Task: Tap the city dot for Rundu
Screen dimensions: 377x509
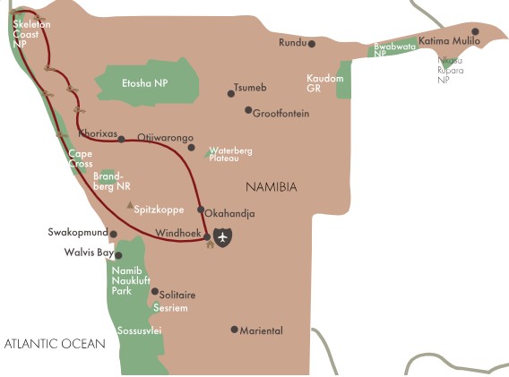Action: [312, 43]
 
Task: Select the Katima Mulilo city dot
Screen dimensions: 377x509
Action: [475, 32]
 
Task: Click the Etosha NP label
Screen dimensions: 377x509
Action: [145, 83]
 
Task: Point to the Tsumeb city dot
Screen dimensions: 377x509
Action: [231, 93]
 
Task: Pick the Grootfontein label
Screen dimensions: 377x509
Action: [281, 114]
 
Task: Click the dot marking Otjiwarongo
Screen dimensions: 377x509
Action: [191, 148]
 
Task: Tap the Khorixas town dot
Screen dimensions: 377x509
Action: [121, 139]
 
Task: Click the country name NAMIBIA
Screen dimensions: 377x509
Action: [271, 187]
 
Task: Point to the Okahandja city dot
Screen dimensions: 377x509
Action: [201, 210]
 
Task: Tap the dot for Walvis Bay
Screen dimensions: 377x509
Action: [117, 254]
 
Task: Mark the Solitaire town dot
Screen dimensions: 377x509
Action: [154, 291]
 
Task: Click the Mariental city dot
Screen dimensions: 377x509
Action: [235, 330]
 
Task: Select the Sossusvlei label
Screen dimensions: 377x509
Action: [139, 330]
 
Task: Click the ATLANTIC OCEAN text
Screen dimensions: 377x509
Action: [55, 344]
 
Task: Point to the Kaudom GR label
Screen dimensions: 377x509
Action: [324, 83]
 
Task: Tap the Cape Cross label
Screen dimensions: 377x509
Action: [81, 159]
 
